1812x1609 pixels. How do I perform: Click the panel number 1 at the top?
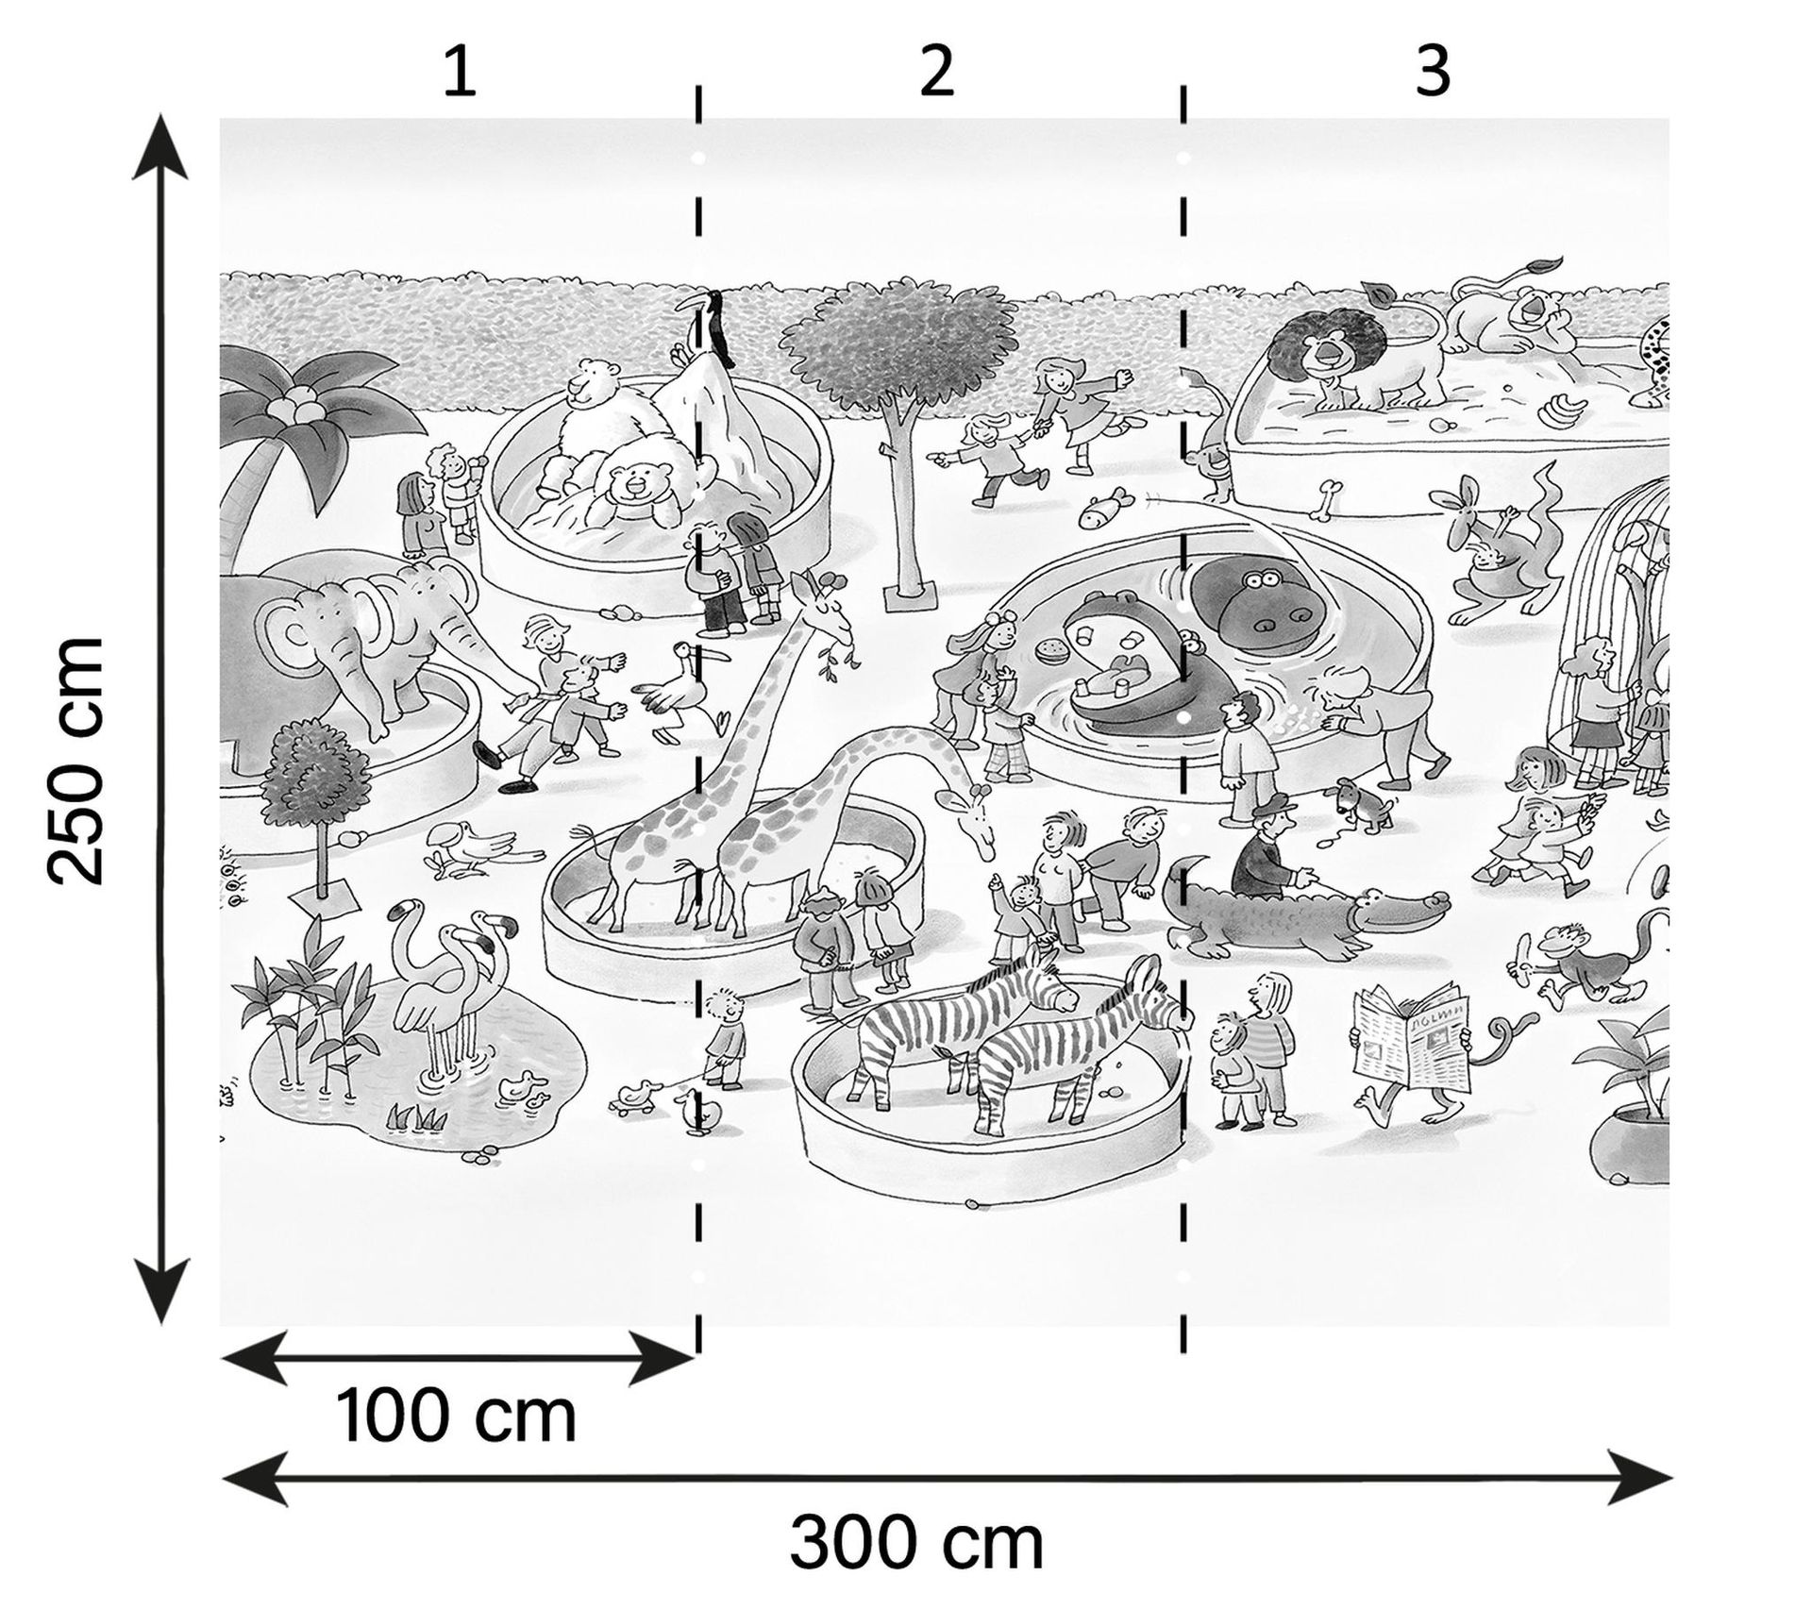tap(460, 72)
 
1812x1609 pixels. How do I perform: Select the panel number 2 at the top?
tap(936, 72)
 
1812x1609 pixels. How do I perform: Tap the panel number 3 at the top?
tap(1432, 72)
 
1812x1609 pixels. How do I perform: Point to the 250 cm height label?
tap(75, 761)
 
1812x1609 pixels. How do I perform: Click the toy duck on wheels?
tap(630, 1096)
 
